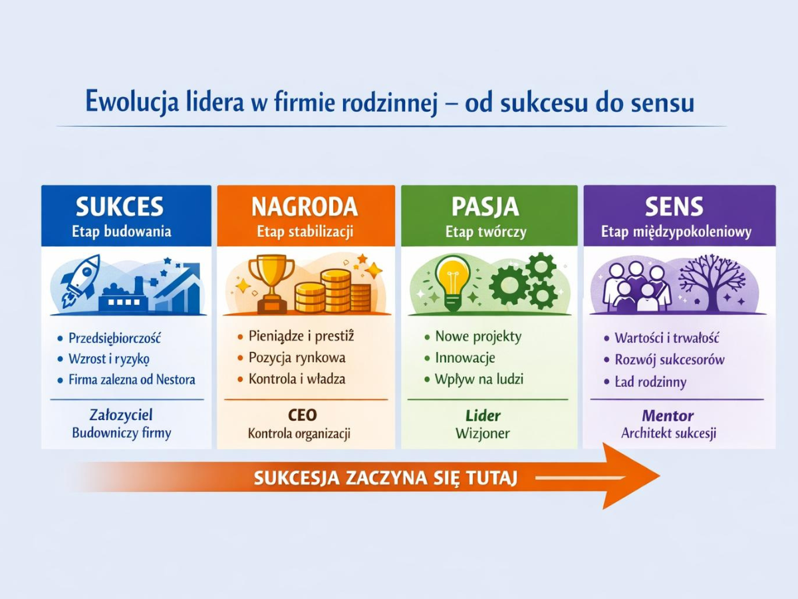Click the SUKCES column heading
coord(120,206)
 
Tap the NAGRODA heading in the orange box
coord(305,206)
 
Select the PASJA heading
coord(485,206)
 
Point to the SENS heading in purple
coord(674,206)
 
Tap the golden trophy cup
coord(271,284)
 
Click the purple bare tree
coord(712,284)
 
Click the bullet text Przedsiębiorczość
coord(114,338)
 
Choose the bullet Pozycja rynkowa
coord(297,357)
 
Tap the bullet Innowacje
coord(465,358)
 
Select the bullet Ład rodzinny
coord(650,382)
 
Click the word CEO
coord(303,415)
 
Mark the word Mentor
coord(668,416)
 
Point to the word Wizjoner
coord(482,433)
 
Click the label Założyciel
coord(121,415)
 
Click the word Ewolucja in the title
coord(132,102)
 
